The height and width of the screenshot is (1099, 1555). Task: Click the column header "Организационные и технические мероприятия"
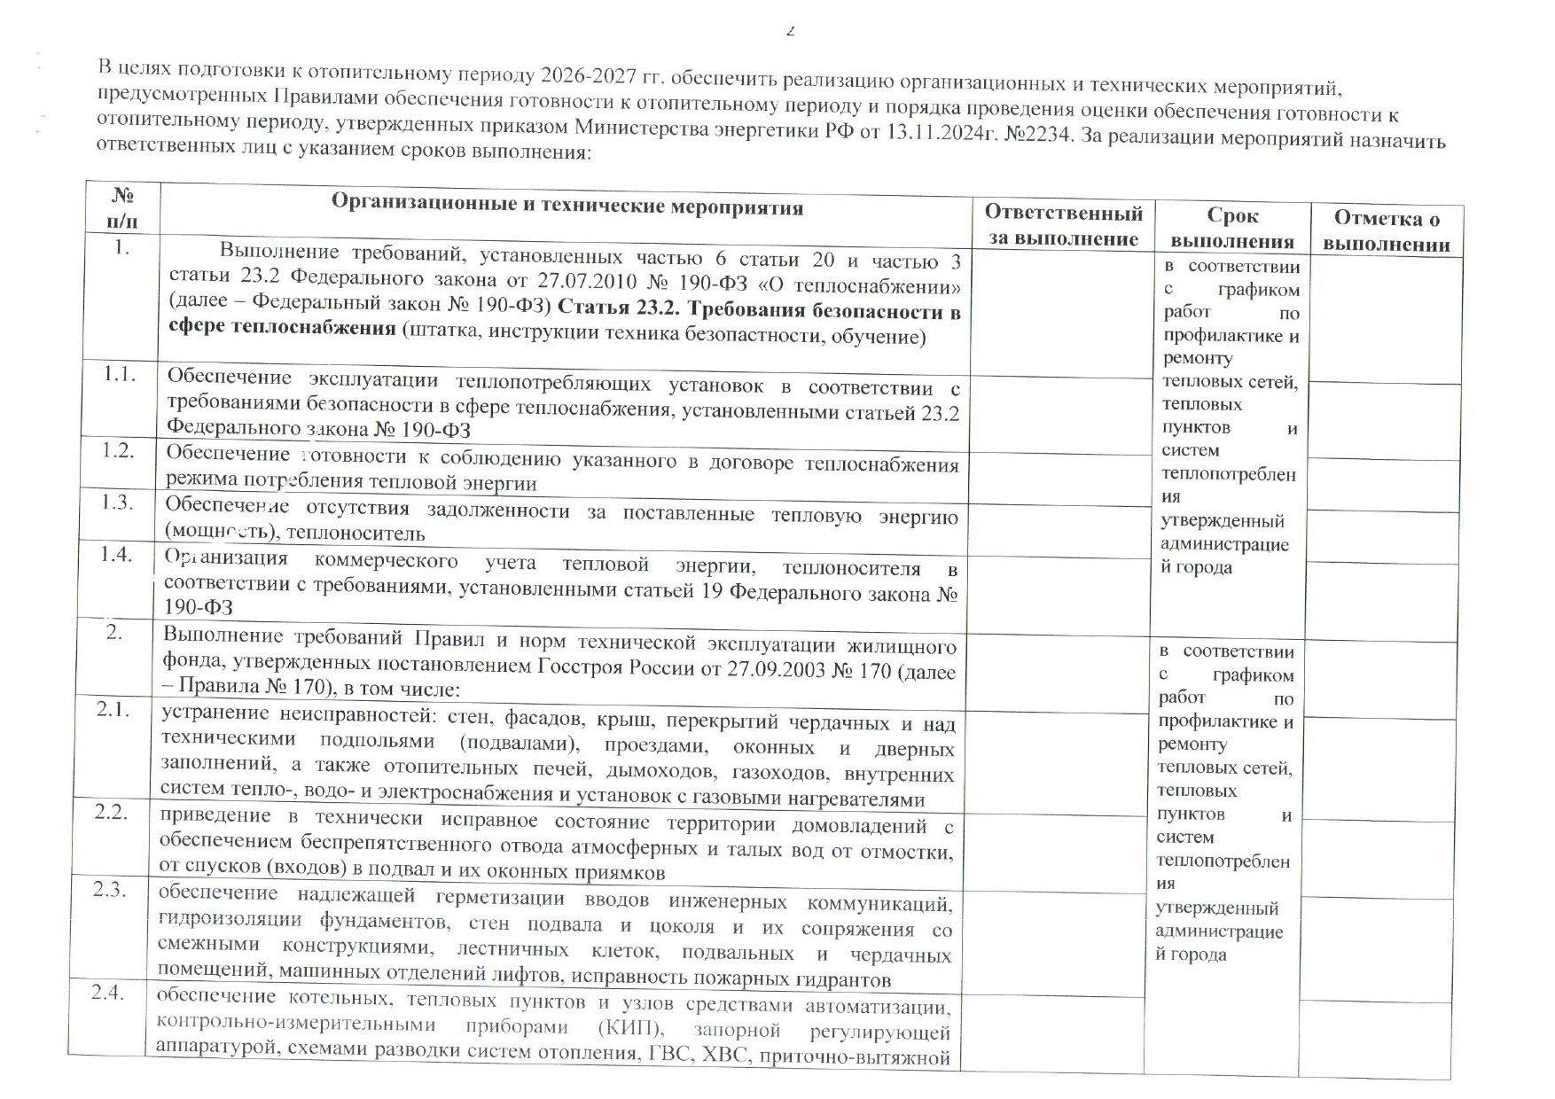(x=567, y=207)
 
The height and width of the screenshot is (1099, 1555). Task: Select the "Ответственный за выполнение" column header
(x=1063, y=225)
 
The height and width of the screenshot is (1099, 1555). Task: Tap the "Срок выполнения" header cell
(x=1231, y=228)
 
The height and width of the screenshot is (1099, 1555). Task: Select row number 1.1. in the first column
(x=119, y=374)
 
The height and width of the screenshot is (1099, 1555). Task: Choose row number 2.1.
(x=113, y=710)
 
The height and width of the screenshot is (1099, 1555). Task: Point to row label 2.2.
(x=112, y=812)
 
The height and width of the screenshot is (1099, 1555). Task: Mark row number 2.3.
(x=110, y=889)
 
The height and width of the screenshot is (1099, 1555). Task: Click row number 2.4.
(x=107, y=993)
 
